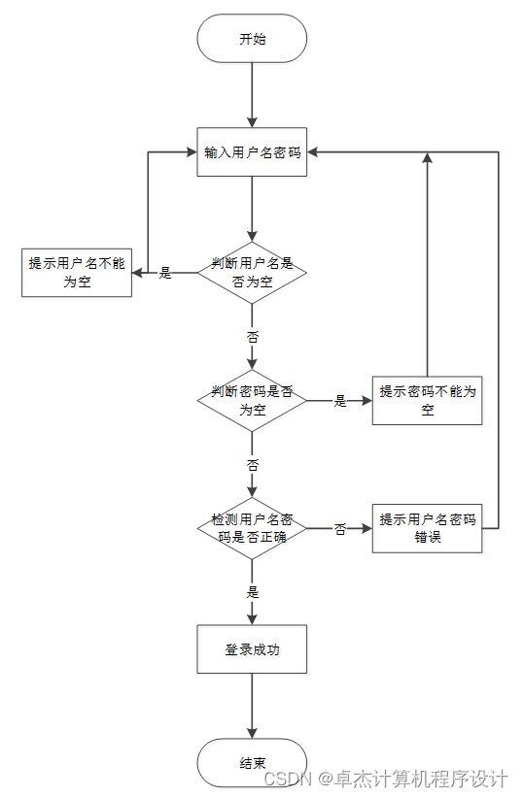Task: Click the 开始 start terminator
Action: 252,39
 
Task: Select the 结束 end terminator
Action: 252,762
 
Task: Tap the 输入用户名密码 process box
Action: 252,152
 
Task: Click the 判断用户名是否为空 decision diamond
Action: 252,273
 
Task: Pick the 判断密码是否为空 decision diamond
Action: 252,401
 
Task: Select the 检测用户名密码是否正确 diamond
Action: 252,529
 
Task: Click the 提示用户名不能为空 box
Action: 77,273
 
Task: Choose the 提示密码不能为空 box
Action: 427,401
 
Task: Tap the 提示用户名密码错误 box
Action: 427,529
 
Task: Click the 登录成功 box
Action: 252,649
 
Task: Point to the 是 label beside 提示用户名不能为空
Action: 165,274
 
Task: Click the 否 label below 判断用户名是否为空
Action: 253,337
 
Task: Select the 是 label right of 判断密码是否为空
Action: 340,401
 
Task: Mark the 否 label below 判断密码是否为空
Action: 253,465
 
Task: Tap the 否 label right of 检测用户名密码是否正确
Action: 340,529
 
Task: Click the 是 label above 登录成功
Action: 253,592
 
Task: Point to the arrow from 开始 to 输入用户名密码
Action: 252,95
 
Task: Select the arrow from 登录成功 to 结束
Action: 252,706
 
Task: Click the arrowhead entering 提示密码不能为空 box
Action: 366,401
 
